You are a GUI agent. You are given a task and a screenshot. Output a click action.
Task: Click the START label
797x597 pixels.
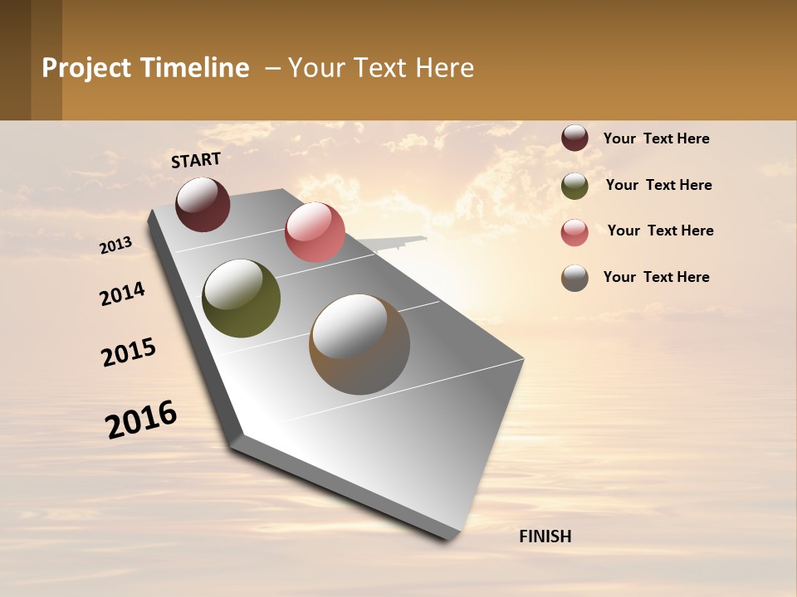(196, 160)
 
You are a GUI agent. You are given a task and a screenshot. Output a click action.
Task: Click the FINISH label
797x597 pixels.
(545, 536)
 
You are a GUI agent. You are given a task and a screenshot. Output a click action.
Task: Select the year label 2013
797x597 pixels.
(115, 245)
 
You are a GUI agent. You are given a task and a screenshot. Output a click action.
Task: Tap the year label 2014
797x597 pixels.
(122, 294)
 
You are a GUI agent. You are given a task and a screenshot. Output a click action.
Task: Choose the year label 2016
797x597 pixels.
(141, 420)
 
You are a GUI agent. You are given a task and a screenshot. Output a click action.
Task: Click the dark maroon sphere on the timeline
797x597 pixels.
(203, 204)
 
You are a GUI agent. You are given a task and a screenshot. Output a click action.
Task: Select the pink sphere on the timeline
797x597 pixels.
(315, 232)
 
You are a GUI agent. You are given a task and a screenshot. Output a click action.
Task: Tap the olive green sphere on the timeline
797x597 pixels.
(241, 298)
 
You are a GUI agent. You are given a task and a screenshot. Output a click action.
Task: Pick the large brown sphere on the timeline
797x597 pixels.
(359, 344)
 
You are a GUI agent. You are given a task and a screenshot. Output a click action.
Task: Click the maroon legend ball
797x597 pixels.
(575, 138)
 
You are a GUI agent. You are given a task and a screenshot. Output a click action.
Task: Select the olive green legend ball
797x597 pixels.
(575, 186)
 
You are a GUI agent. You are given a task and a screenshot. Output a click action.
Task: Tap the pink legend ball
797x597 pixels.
(575, 232)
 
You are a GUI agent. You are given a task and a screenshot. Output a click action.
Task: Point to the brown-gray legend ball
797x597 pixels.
(575, 278)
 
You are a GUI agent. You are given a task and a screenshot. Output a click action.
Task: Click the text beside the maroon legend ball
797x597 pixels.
(656, 138)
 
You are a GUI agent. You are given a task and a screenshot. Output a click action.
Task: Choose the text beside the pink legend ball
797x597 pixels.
(660, 231)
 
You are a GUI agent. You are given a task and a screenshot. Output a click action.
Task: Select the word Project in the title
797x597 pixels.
(87, 68)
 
